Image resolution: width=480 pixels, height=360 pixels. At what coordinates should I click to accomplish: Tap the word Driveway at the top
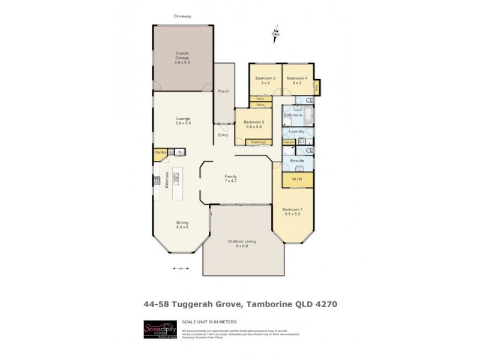182,16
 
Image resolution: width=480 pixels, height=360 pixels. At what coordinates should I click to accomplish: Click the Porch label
224,91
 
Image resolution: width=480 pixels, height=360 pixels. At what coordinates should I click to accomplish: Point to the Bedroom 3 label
265,79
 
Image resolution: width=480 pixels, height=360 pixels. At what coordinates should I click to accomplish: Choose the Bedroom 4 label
296,79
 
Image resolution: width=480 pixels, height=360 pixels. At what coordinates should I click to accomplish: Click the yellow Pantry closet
160,153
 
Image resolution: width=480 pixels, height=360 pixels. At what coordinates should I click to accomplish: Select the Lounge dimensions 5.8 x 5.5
183,123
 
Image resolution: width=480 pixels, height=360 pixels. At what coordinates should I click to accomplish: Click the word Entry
223,135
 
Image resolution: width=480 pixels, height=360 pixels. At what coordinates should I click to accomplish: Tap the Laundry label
297,131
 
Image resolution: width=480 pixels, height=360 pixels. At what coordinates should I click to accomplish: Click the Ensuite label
298,161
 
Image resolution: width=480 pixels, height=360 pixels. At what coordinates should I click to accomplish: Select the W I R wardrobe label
296,179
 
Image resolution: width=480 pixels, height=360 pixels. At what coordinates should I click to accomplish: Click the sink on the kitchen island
177,176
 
